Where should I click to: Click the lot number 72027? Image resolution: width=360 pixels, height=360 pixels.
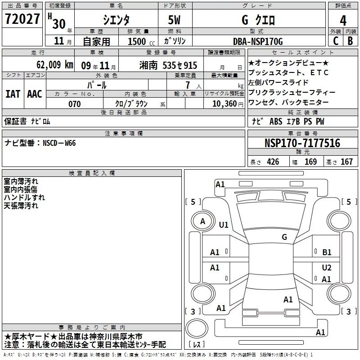[22, 19]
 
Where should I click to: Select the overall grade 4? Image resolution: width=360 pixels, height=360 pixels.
[343, 20]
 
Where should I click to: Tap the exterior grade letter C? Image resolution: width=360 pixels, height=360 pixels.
[336, 41]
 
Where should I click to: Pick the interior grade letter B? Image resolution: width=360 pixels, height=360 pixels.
[350, 41]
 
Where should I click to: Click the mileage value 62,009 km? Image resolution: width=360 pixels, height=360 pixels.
[55, 65]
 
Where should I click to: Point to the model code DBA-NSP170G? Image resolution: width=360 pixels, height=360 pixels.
[258, 41]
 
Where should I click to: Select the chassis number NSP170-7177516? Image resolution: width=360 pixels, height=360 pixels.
[302, 143]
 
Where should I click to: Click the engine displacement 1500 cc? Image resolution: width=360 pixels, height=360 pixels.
[141, 41]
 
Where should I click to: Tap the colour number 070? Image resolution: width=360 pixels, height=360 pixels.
[75, 104]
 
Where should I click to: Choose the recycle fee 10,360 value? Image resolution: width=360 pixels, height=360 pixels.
[225, 104]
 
